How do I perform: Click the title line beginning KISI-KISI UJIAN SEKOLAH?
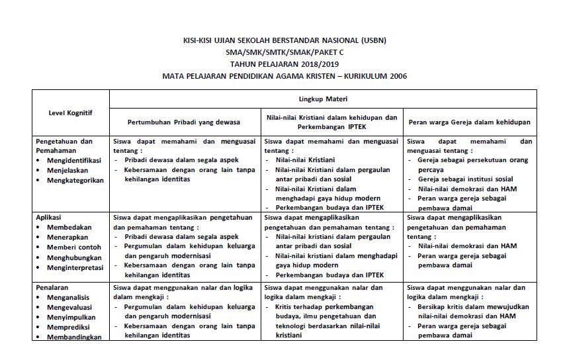[x=284, y=40]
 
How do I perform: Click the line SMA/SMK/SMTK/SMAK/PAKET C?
[x=284, y=52]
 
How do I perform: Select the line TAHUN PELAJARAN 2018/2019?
[x=284, y=64]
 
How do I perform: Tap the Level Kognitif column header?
[x=71, y=112]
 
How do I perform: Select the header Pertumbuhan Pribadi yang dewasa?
[x=184, y=122]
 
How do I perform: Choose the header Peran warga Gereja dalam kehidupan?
[x=469, y=122]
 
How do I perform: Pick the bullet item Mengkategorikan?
[x=75, y=180]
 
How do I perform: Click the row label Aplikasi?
[x=50, y=217]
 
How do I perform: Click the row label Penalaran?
[x=52, y=288]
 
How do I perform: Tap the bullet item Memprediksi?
[x=69, y=327]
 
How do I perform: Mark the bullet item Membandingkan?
[x=73, y=337]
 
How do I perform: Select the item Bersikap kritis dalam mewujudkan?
[x=473, y=307]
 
